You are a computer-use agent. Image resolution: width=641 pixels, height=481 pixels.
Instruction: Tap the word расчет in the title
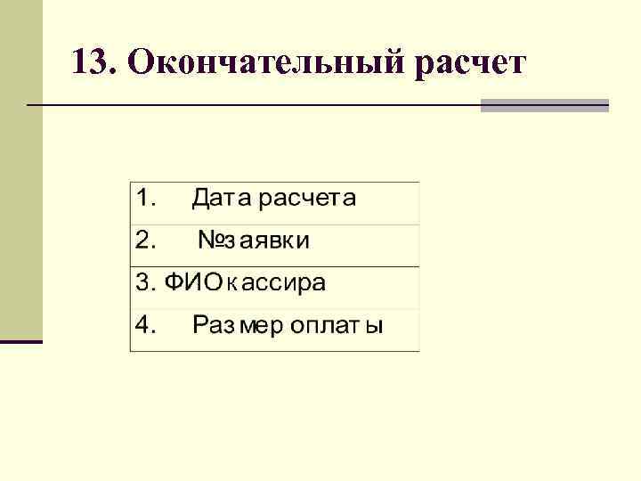470,63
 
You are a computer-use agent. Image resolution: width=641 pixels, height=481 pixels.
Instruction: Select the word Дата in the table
222,198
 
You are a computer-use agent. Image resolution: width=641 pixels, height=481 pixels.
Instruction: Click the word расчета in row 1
307,199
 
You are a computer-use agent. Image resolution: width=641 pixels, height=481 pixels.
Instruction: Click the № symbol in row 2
210,240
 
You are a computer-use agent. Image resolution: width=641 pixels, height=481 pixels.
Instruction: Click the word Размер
234,326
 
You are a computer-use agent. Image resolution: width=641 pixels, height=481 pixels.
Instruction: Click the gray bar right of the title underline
544,105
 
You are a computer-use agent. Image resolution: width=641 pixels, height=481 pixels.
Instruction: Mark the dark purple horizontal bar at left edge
21,341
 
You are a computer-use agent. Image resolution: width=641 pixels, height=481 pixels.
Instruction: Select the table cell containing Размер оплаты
274,330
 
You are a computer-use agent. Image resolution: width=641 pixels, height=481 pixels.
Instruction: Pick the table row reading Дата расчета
274,203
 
